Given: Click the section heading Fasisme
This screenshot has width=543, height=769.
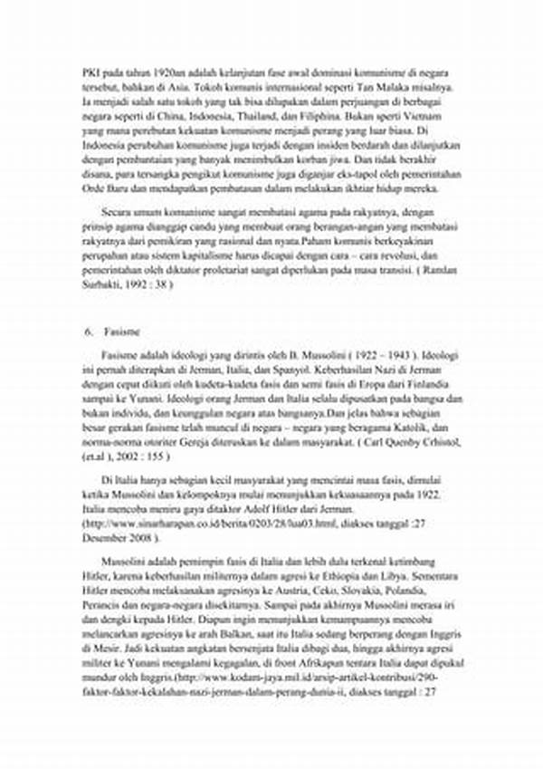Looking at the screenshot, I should tap(119, 332).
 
